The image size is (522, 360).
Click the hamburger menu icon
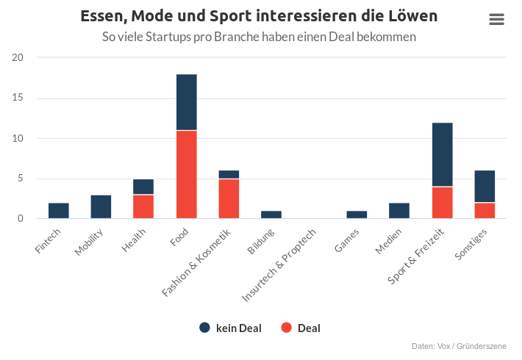tap(496, 19)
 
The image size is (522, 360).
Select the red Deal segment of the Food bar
tap(187, 174)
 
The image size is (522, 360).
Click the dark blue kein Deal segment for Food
tap(187, 102)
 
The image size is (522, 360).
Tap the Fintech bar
tap(59, 211)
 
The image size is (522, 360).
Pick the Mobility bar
tap(101, 206)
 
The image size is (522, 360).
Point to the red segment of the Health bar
tap(143, 206)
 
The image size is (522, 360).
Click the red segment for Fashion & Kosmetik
tap(229, 198)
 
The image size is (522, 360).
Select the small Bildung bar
tap(271, 215)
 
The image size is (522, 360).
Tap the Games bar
tap(357, 215)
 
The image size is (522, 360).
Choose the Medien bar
tap(399, 211)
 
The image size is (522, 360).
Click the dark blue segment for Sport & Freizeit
tap(442, 155)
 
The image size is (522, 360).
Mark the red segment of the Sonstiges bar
tap(485, 211)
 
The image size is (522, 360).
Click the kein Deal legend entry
tap(230, 328)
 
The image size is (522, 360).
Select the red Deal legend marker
tap(286, 328)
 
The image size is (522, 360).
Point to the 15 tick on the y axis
tap(18, 98)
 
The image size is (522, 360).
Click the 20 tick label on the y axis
tap(18, 57)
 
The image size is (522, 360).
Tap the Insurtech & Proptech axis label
tap(279, 265)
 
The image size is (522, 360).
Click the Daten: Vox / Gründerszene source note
tap(459, 346)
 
